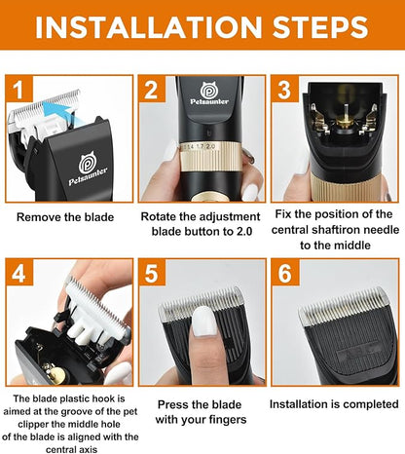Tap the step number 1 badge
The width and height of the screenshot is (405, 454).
click(x=19, y=92)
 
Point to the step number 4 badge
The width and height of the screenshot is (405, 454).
click(x=19, y=275)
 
